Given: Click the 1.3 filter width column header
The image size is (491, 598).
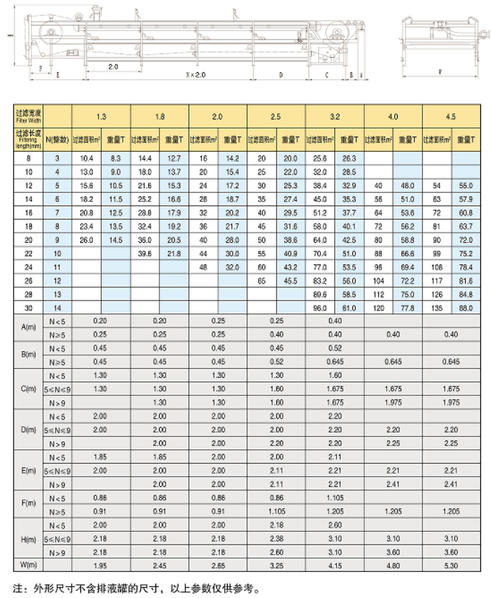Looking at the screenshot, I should [101, 116].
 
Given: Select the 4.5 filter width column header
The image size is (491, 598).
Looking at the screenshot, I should [451, 116].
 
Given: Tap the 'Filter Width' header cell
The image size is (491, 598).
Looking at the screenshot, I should [29, 116].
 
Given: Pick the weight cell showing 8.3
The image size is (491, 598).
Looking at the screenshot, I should [116, 157].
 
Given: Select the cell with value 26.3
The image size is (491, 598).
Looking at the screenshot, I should [349, 157].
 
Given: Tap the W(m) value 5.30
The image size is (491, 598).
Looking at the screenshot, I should [451, 565].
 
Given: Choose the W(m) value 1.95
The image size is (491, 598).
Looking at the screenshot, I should [101, 565].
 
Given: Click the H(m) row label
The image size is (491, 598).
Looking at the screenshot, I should [29, 539].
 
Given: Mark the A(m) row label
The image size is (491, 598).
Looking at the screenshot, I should [29, 327].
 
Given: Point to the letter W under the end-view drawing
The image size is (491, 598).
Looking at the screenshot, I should [440, 71].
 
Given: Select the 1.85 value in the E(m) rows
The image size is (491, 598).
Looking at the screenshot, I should [101, 457].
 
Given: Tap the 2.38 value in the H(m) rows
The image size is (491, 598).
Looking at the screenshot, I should [276, 539].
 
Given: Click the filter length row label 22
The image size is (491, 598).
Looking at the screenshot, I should [29, 253].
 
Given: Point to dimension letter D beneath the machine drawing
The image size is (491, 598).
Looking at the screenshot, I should [281, 74].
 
